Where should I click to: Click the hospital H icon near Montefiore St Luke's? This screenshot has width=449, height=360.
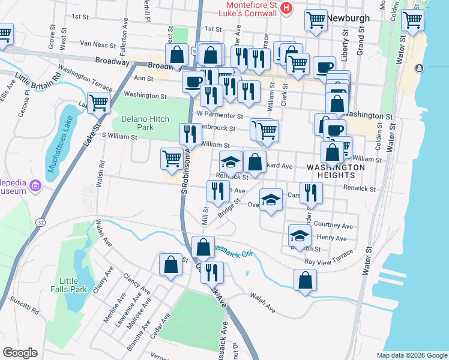click(x=286, y=8)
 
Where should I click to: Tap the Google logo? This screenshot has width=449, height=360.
click(x=20, y=353)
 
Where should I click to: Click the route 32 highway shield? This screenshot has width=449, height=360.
click(x=40, y=222)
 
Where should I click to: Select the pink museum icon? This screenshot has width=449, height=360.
click(x=36, y=186)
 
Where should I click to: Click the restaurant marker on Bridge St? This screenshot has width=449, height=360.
click(x=217, y=191)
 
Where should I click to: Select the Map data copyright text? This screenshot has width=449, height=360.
click(x=412, y=355)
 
